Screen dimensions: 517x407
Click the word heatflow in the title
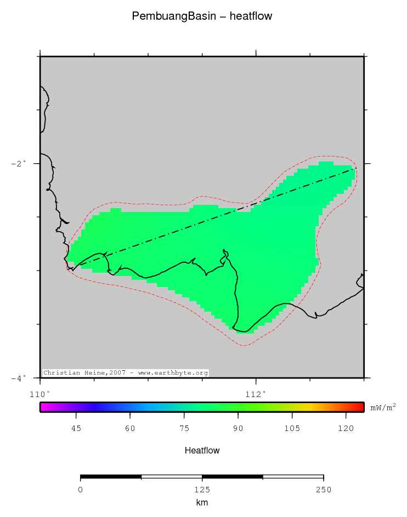[x=251, y=16]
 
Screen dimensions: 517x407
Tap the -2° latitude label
[x=19, y=164]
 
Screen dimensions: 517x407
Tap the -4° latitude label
[x=19, y=378]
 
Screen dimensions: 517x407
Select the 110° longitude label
[x=40, y=393]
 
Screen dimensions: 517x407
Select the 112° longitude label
[x=256, y=393]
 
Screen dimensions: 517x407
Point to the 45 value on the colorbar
[x=76, y=428]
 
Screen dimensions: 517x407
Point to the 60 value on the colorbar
[x=130, y=428]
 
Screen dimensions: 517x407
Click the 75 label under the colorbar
[x=184, y=428]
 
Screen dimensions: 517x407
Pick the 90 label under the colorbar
[x=238, y=428]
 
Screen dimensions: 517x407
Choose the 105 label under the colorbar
[x=292, y=428]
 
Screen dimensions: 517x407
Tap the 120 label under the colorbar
[x=346, y=428]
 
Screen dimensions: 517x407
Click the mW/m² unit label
[x=383, y=407]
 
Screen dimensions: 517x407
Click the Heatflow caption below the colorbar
[x=202, y=451]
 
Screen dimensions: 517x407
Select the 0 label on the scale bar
[x=81, y=490]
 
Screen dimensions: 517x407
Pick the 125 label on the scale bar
[x=202, y=490]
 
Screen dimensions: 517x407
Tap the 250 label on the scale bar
[x=323, y=490]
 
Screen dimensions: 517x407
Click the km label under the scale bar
[x=202, y=503]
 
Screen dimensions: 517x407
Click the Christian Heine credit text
[x=126, y=373]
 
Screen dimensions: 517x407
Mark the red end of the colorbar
[x=360, y=407]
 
